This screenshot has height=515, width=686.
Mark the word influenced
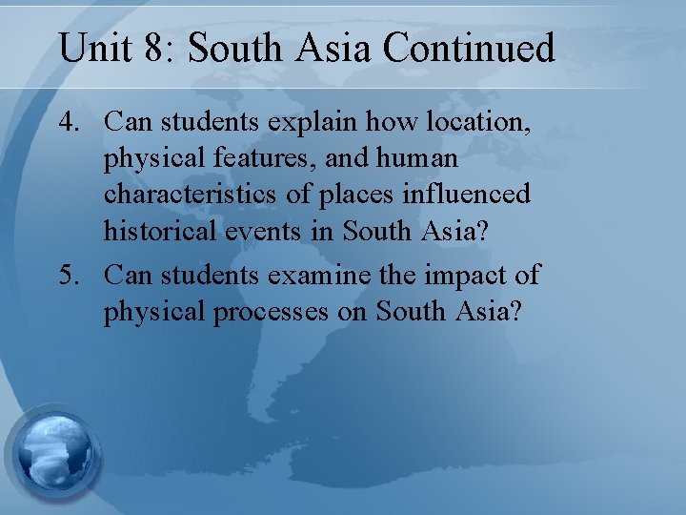[x=473, y=194]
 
